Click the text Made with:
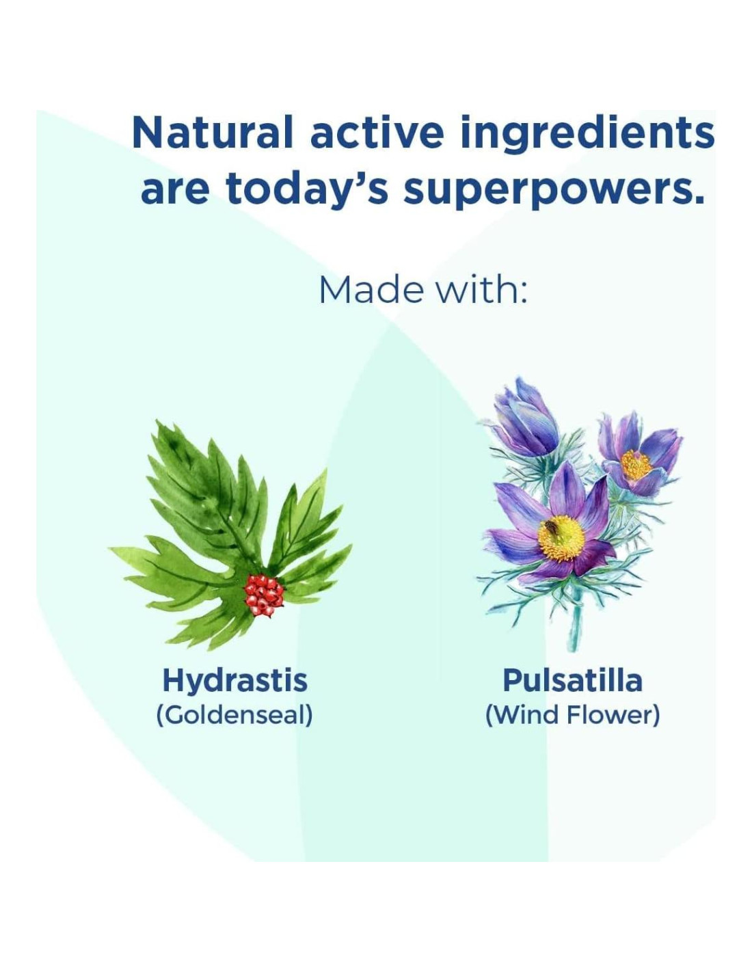point(422,291)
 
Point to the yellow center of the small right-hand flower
point(636,465)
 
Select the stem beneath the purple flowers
point(576,625)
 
